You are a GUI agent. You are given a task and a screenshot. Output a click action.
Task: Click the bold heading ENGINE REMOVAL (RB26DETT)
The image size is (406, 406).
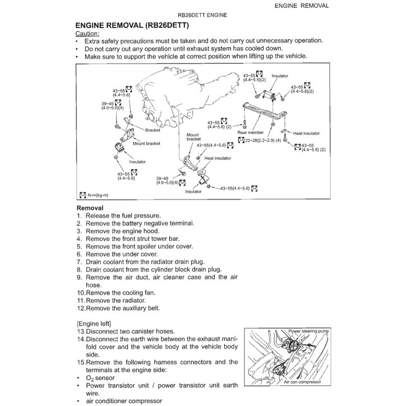[132, 26]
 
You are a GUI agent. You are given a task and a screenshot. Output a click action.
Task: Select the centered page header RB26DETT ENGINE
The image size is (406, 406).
[202, 15]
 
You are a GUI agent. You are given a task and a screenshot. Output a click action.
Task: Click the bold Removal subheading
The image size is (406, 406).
[90, 207]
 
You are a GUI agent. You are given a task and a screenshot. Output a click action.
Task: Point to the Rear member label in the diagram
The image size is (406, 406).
[250, 133]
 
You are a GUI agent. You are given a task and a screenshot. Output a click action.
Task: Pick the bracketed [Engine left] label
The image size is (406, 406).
[94, 324]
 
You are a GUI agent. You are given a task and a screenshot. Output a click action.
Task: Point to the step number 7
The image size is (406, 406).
[80, 261]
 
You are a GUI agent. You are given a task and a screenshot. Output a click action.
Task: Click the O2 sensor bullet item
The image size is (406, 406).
[101, 378]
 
